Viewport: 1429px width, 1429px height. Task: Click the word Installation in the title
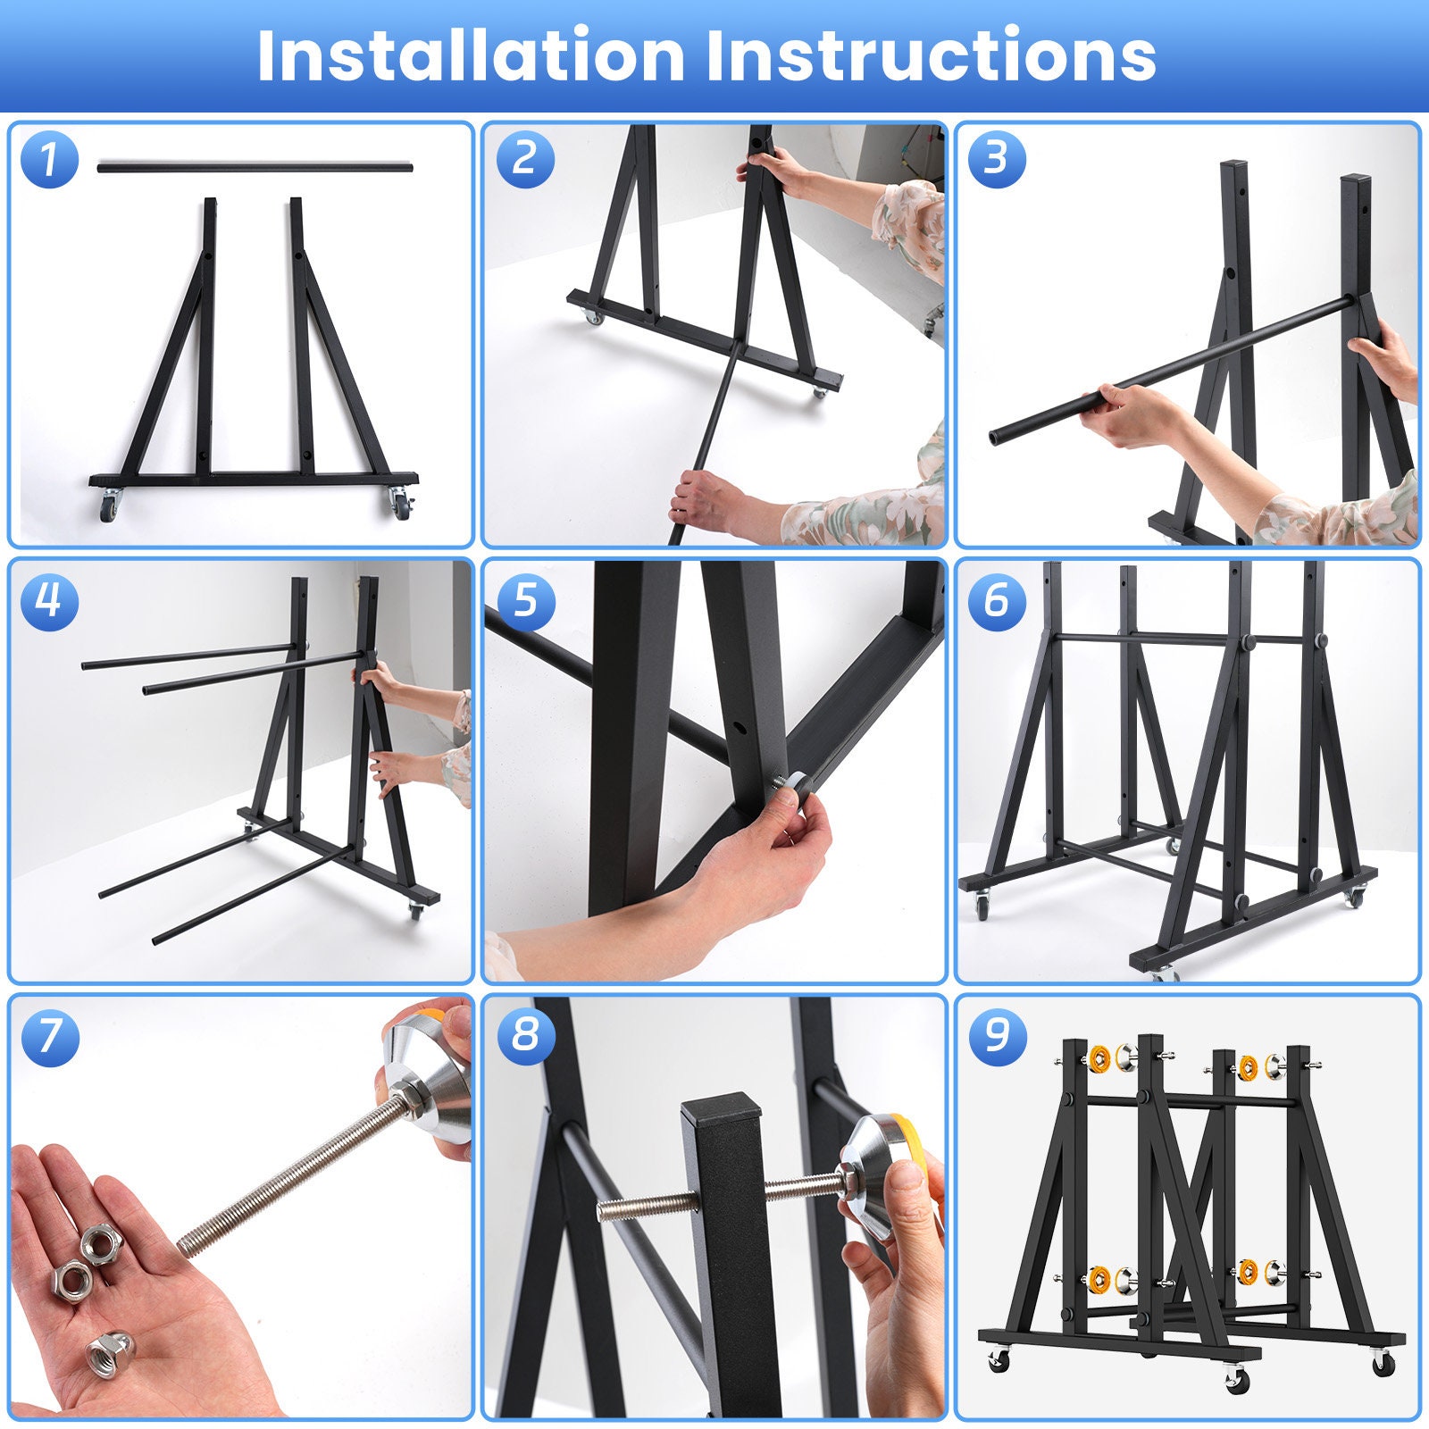(471, 56)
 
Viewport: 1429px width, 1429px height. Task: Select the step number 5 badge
(525, 599)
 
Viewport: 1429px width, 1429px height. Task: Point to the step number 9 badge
(997, 1036)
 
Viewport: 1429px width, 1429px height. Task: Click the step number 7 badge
(49, 1036)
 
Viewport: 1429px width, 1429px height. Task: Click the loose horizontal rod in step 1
(255, 166)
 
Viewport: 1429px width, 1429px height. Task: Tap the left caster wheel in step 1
(109, 507)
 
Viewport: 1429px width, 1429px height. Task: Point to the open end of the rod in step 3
(995, 438)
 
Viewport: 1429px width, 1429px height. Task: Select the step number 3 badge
(997, 159)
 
